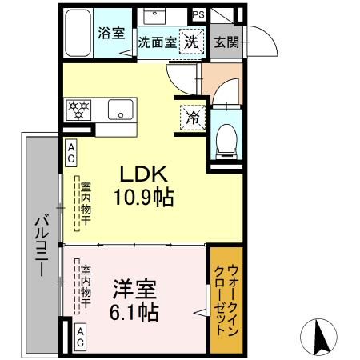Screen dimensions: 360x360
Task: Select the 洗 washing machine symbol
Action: [193, 42]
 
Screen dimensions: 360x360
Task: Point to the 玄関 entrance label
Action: [226, 42]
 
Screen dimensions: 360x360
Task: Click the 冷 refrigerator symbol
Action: [193, 117]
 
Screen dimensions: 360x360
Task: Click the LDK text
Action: [143, 174]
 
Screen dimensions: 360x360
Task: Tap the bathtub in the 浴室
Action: [77, 33]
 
